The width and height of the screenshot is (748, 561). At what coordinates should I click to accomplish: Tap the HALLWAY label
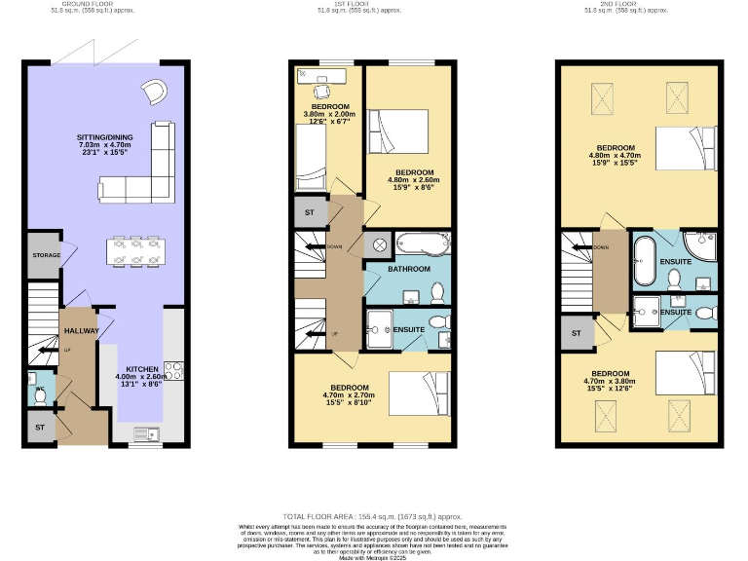coord(77,331)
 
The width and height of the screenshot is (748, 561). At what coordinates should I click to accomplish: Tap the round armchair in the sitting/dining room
coord(155,91)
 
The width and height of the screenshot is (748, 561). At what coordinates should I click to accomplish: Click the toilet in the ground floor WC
coord(40,394)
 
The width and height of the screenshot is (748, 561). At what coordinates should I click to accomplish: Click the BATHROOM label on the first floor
coord(409,269)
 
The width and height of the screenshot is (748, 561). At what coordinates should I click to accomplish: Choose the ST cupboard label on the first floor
coord(309,211)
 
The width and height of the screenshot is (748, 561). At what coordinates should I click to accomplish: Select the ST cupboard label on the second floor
coord(576,333)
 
